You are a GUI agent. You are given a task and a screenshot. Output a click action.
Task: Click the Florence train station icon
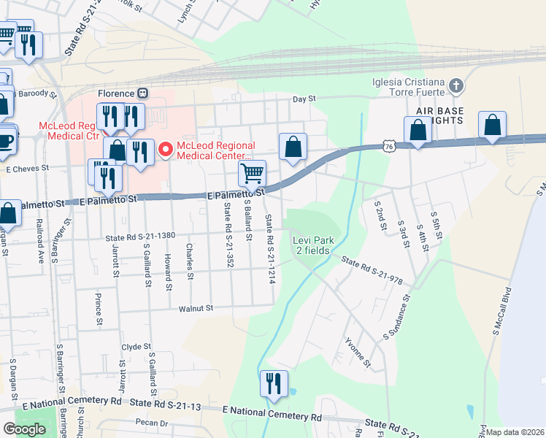143,93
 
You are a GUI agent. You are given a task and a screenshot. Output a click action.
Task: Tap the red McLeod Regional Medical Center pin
165,149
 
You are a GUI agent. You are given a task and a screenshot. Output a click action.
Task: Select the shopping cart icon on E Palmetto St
252,174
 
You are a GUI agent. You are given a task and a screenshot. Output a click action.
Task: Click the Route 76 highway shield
388,147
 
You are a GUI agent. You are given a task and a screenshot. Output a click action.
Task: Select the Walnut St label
196,309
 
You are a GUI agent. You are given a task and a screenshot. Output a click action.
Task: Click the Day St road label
304,99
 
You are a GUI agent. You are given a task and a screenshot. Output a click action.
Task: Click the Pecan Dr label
152,423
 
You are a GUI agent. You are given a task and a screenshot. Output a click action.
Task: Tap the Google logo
24,429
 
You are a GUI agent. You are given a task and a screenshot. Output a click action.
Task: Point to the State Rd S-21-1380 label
140,237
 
